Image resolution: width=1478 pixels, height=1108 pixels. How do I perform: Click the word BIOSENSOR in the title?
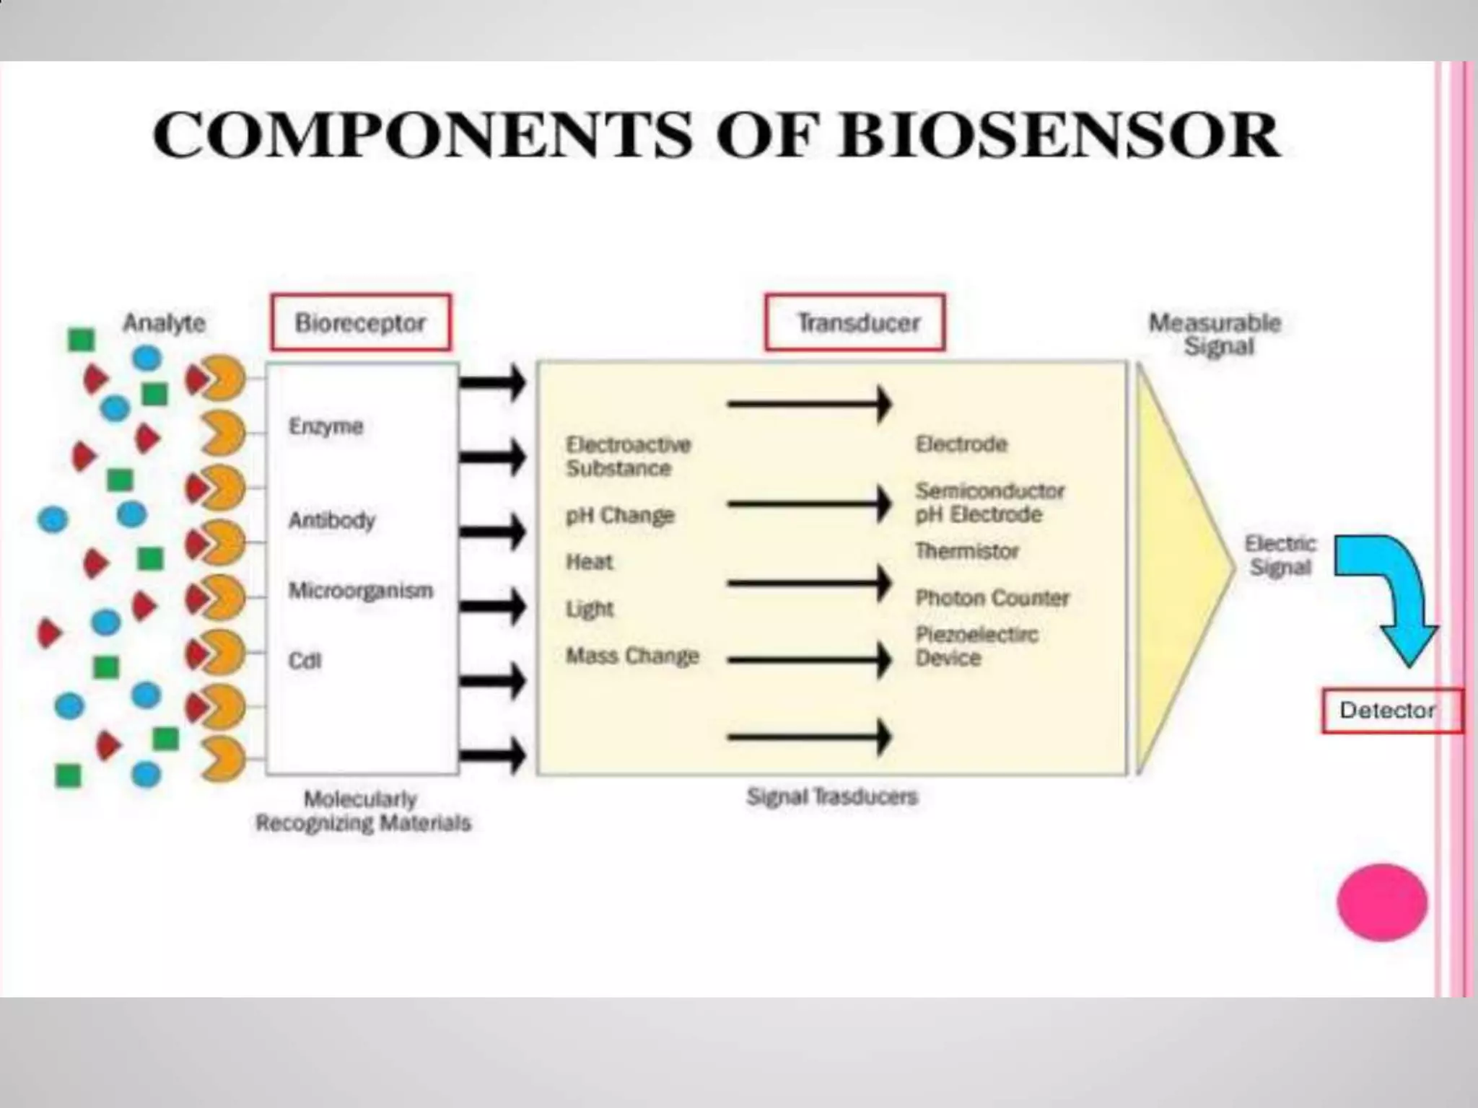[x=1059, y=135]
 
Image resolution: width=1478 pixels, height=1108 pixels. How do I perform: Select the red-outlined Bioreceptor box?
[x=361, y=322]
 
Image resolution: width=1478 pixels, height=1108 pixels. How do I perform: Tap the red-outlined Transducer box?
[x=855, y=322]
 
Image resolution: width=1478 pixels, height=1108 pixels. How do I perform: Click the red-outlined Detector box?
[x=1391, y=711]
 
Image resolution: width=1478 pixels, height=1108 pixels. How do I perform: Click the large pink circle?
[x=1382, y=902]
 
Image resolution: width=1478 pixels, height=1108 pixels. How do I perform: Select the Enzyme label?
[x=326, y=426]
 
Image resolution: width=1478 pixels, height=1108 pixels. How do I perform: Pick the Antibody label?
[x=332, y=520]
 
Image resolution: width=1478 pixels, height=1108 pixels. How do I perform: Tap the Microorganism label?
[x=361, y=591]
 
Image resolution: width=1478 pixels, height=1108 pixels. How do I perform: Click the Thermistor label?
[x=967, y=551]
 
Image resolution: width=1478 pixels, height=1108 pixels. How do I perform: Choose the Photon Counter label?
[x=992, y=598]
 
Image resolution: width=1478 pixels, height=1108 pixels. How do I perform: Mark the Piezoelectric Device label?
[x=976, y=646]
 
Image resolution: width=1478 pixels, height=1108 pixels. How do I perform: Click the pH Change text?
[x=620, y=516]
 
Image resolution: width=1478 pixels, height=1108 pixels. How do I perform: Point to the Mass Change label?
[x=632, y=656]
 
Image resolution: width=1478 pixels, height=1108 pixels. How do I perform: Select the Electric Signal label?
[x=1280, y=555]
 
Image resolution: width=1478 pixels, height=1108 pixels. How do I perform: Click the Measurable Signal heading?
[x=1215, y=334]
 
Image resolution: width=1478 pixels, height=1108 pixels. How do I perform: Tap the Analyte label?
[x=165, y=322]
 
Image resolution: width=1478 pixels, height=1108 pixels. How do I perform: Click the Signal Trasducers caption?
[x=832, y=797]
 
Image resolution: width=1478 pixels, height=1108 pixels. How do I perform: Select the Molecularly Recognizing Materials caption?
[x=363, y=811]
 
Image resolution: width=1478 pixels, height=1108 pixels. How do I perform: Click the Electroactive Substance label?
[x=628, y=456]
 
